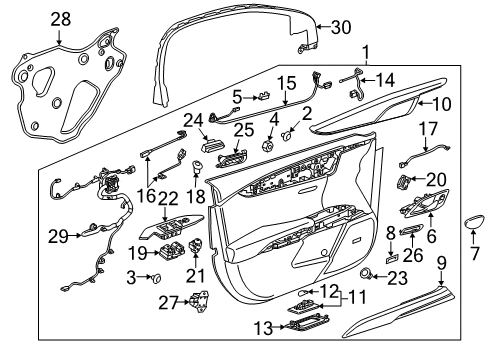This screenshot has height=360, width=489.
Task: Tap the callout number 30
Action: click(x=341, y=29)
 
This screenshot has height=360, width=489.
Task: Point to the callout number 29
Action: click(x=59, y=236)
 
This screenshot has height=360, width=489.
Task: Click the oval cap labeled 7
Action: click(x=473, y=219)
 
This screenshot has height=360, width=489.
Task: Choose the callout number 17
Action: click(x=427, y=128)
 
